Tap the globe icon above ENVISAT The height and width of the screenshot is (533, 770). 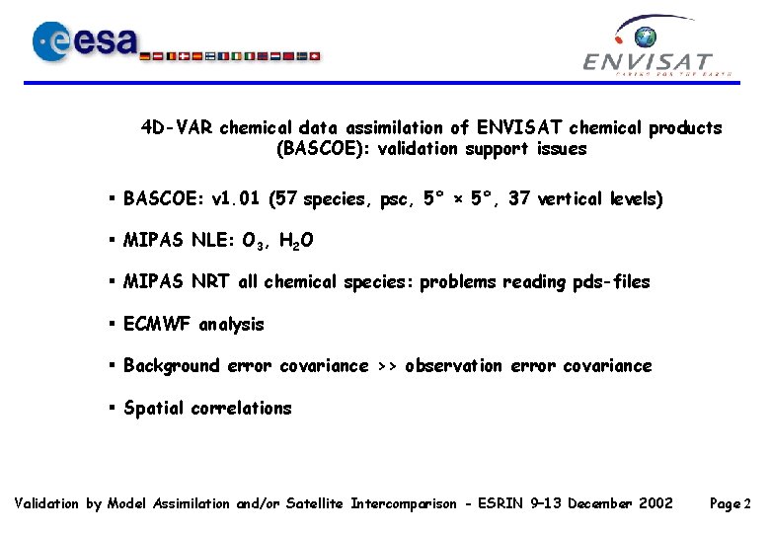tap(646, 38)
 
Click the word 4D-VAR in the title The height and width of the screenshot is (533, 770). tap(178, 128)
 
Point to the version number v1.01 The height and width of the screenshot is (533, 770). tap(239, 199)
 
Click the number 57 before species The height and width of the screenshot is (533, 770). tap(288, 199)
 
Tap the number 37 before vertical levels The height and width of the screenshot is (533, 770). tap(520, 199)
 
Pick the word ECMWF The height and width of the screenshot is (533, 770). tap(158, 324)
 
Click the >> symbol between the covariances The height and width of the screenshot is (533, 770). tap(387, 366)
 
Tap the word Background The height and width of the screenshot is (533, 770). tap(172, 366)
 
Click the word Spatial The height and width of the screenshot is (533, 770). tap(154, 409)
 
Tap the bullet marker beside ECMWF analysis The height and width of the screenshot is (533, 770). tap(114, 324)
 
